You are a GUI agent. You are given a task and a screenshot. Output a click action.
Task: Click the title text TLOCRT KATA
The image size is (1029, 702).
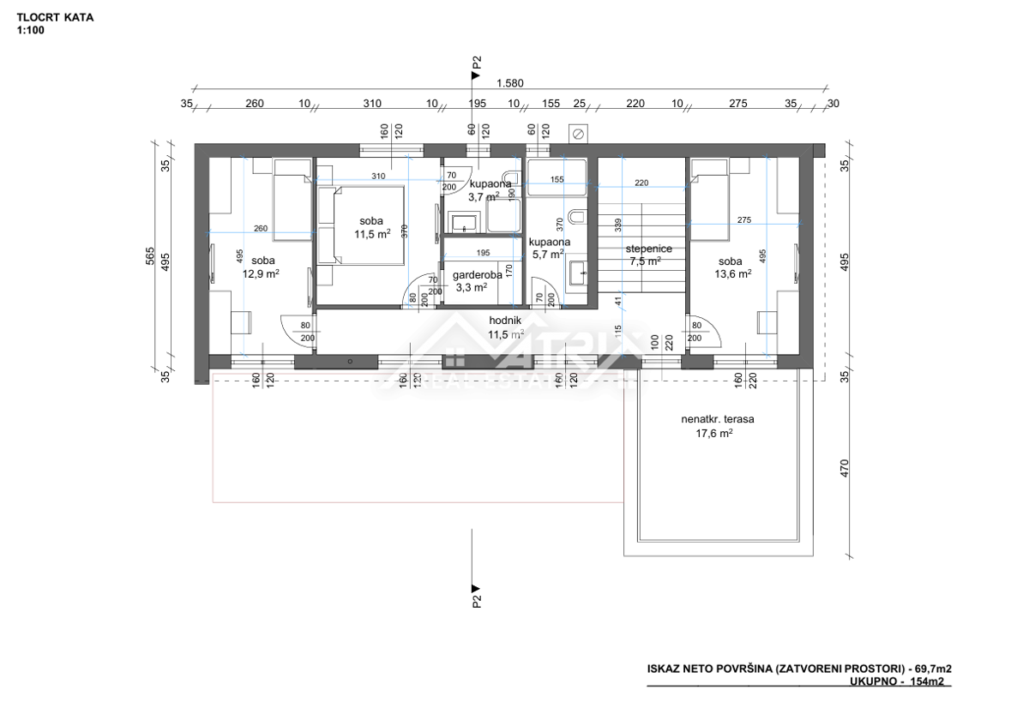click(55, 16)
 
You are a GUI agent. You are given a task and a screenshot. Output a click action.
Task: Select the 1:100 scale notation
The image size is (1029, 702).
click(30, 30)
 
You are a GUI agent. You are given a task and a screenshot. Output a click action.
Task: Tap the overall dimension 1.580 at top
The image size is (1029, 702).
click(510, 84)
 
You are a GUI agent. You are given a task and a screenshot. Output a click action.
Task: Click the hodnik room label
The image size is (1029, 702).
click(505, 321)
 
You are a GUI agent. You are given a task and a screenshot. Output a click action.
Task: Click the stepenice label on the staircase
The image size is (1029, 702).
click(648, 249)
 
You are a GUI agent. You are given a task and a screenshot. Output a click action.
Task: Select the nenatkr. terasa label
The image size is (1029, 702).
click(711, 420)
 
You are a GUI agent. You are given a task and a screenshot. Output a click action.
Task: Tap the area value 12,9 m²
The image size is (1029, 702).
click(261, 274)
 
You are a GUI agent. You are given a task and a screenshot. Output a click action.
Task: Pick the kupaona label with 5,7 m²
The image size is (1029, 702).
click(546, 242)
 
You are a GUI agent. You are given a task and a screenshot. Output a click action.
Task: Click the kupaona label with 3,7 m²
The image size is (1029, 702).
click(490, 183)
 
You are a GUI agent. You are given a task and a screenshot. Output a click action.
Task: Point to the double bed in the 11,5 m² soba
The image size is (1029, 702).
click(360, 225)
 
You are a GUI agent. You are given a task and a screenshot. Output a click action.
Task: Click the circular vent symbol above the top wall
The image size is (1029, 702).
click(579, 134)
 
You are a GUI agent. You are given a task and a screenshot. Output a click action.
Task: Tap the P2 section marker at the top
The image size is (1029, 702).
click(477, 63)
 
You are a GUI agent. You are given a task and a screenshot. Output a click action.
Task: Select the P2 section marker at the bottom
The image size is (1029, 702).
click(477, 595)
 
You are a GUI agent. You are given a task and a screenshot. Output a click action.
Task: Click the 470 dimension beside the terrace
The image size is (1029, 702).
click(844, 468)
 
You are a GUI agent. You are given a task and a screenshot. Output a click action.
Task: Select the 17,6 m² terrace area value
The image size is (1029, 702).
click(713, 434)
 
